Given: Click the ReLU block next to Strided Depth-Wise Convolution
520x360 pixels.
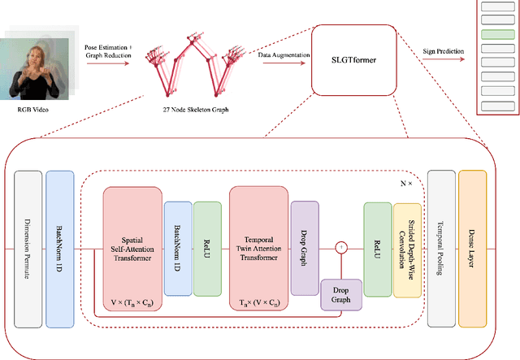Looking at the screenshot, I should coord(377,249).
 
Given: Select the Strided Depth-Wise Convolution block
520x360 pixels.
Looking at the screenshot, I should coord(407,249).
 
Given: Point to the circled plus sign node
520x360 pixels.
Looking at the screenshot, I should coord(342,246).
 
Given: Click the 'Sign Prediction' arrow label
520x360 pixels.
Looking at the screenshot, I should coord(444,51).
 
